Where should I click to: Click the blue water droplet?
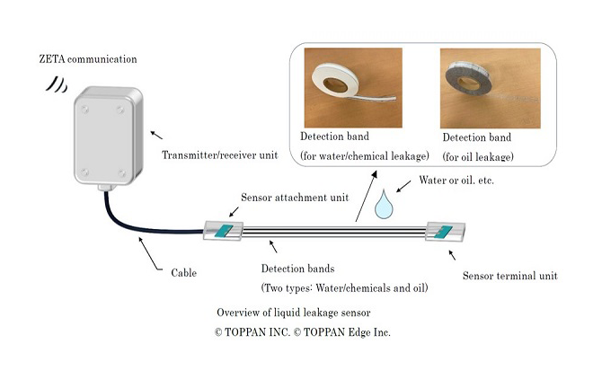click(384, 207)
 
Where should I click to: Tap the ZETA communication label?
click(88, 59)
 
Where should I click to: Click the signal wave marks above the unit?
click(57, 84)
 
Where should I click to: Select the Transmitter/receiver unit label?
click(219, 155)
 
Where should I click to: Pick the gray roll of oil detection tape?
click(468, 79)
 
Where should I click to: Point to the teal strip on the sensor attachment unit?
click(224, 231)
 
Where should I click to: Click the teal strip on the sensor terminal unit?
click(443, 232)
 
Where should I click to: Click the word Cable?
click(184, 273)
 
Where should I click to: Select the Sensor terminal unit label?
click(509, 276)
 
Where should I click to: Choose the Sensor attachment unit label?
click(295, 198)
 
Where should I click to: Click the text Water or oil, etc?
click(456, 180)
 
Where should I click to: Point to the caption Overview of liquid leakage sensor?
click(294, 313)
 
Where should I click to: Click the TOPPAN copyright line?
click(303, 332)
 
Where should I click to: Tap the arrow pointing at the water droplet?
click(403, 186)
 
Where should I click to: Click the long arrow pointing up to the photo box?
click(366, 197)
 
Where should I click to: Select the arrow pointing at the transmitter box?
click(156, 135)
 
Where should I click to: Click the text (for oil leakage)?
click(478, 157)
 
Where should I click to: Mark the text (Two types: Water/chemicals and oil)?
click(344, 288)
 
